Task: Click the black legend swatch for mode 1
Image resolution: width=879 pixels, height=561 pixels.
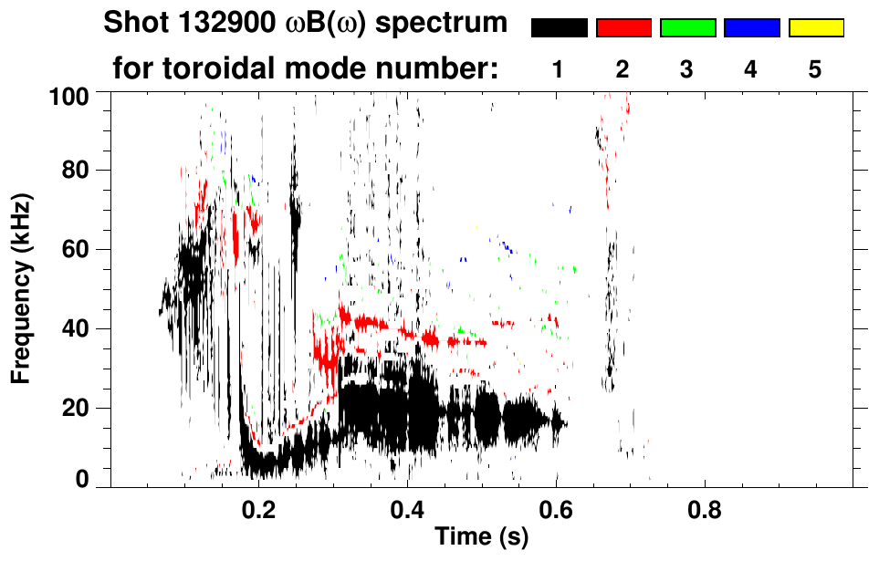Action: pyautogui.click(x=560, y=28)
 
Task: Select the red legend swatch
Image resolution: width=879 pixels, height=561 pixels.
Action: pyautogui.click(x=623, y=28)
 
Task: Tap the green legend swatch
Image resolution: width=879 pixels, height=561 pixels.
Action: pyautogui.click(x=687, y=28)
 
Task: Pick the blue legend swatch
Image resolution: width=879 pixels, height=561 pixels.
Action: pyautogui.click(x=751, y=28)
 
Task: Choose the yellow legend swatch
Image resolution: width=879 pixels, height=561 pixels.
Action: pyautogui.click(x=816, y=28)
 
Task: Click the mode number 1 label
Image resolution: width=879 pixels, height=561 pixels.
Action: pyautogui.click(x=558, y=69)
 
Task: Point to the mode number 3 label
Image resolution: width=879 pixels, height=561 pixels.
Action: pyautogui.click(x=686, y=69)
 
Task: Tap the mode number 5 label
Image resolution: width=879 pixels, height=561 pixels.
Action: pyautogui.click(x=815, y=69)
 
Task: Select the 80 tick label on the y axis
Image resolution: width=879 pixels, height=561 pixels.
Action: pyautogui.click(x=78, y=171)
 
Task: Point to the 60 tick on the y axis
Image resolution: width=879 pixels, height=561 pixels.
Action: pyautogui.click(x=78, y=249)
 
